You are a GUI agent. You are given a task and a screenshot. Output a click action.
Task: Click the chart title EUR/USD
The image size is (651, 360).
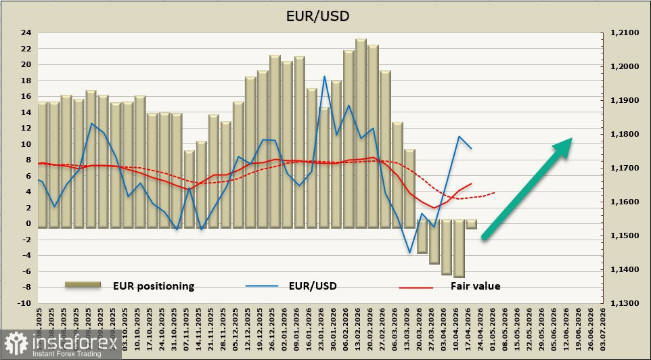[325, 15]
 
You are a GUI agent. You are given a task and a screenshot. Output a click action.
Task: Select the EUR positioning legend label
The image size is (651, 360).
[154, 286]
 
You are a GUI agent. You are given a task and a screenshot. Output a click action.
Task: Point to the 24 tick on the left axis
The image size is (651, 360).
[26, 32]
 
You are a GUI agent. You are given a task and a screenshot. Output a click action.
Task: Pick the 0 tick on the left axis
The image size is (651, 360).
[28, 223]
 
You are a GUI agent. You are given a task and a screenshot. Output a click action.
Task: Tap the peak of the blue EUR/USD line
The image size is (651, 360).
[325, 76]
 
